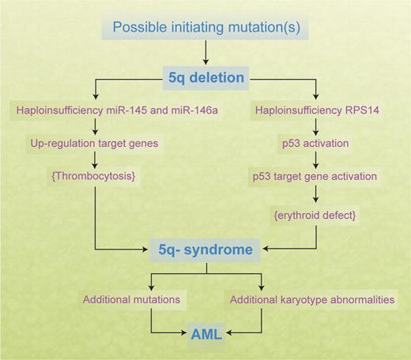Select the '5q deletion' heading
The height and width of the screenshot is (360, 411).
[x=205, y=80]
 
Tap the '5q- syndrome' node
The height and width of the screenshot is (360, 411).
[x=205, y=250]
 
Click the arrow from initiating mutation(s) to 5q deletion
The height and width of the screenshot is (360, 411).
[x=205, y=54]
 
